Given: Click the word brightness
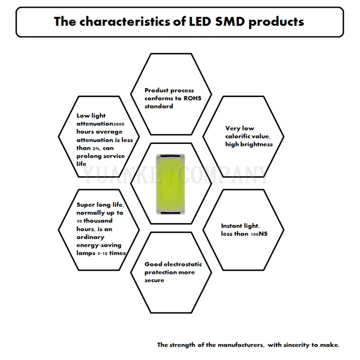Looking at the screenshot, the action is pyautogui.click(x=257, y=144).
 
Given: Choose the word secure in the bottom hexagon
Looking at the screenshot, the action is pyautogui.click(x=154, y=280).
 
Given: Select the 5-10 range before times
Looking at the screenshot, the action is pyautogui.click(x=104, y=253).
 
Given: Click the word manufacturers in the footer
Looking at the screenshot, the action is pyautogui.click(x=237, y=345).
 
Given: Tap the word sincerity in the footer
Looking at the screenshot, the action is pyautogui.click(x=300, y=345).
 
